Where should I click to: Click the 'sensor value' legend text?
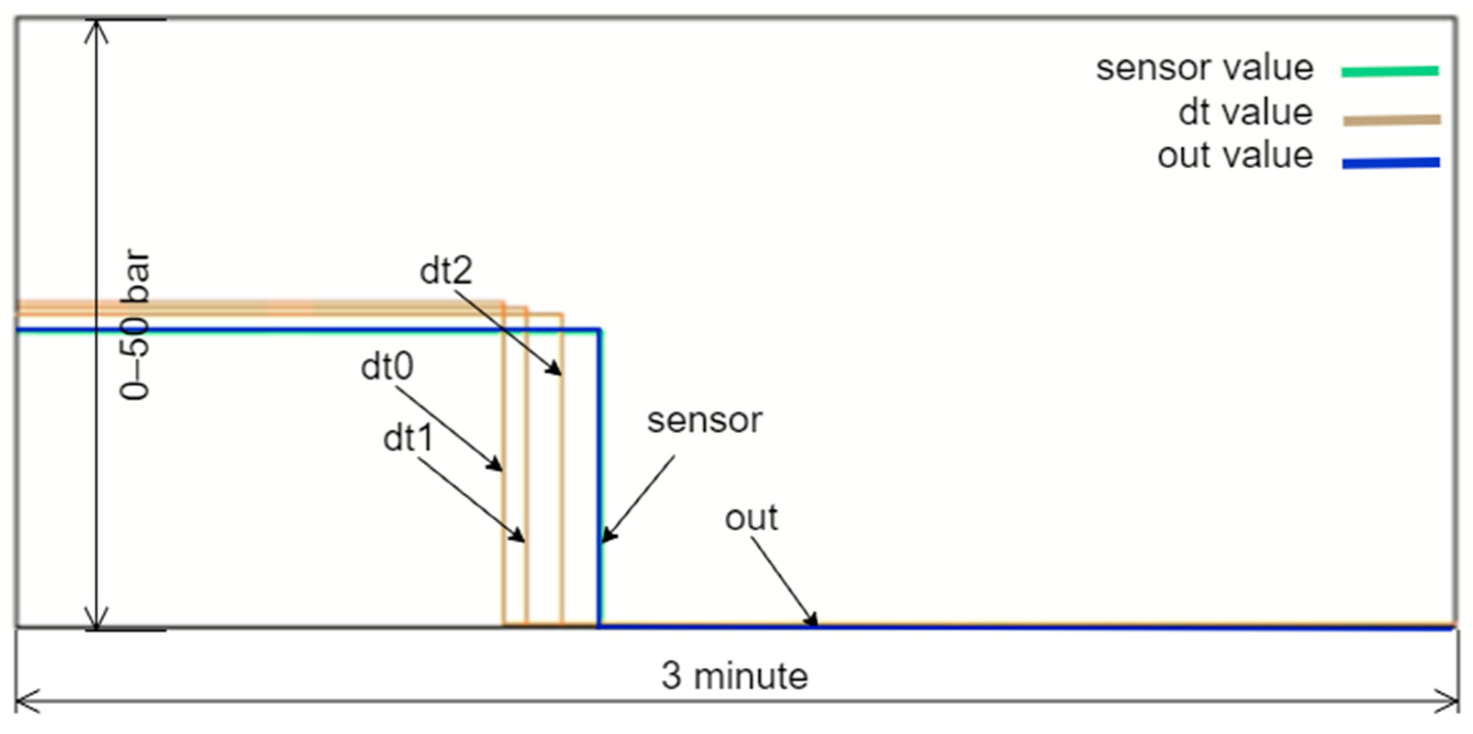1204,69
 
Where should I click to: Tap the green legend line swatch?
1390,72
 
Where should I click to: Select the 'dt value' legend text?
1245,112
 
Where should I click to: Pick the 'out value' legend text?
1234,156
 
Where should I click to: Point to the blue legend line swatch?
1391,163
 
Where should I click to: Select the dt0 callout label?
387,367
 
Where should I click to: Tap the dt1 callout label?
408,439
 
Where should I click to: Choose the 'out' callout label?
751,518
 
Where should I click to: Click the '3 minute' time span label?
735,676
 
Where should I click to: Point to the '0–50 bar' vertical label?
135,324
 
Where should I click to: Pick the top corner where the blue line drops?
599,330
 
